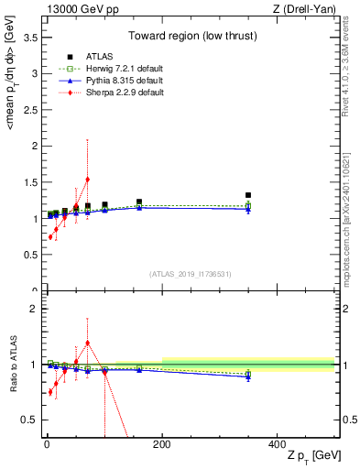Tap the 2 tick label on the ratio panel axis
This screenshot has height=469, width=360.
tap(31, 309)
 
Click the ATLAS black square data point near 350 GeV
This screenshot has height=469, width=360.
tap(248, 195)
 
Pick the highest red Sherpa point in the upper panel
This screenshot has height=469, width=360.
tap(87, 180)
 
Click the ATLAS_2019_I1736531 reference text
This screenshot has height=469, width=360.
tap(191, 274)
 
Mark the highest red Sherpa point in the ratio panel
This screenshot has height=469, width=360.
tap(87, 343)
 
